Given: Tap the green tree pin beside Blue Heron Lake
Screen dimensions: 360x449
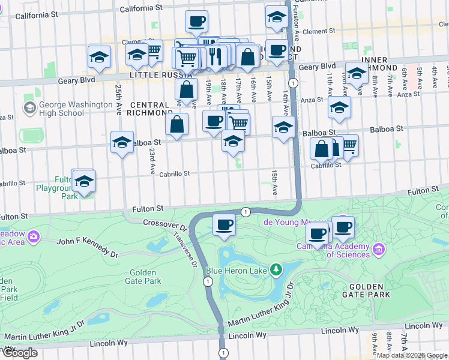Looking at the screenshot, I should pos(276,271).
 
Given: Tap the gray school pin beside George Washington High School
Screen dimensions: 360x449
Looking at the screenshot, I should pos(29,108).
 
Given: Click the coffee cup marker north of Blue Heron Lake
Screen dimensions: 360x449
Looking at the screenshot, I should pos(224,225).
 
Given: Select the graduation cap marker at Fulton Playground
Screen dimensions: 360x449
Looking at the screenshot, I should pos(84,181).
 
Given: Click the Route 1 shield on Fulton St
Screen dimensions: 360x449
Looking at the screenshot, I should pos(246,211).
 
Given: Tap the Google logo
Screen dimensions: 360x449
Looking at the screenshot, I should pos(19,353).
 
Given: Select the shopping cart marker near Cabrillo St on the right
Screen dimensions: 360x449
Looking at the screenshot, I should pos(348,145).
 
